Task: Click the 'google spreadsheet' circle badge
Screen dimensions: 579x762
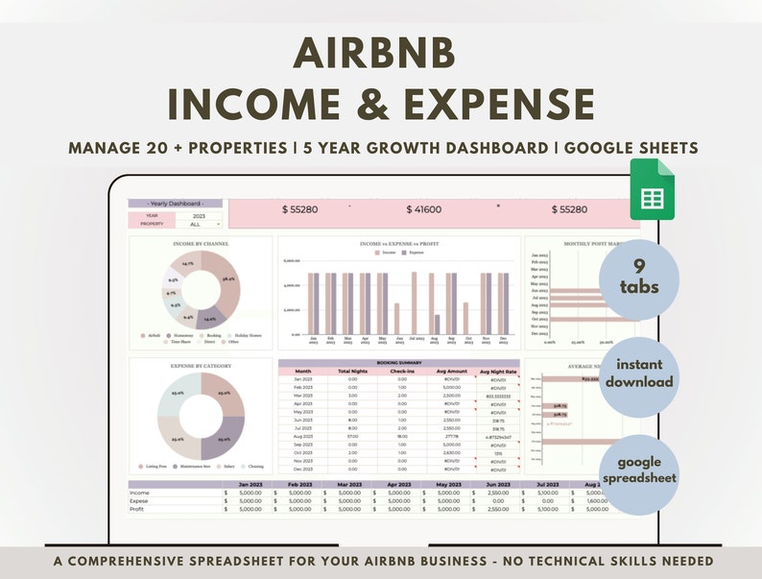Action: [x=638, y=469]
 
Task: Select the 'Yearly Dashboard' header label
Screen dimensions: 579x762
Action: [x=176, y=204]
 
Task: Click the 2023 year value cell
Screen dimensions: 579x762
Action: [x=198, y=215]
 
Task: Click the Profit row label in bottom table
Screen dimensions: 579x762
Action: [x=140, y=509]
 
